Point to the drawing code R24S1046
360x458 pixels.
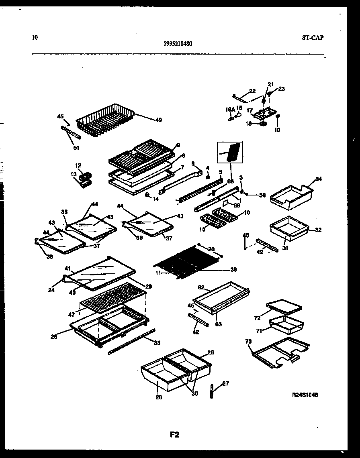305,395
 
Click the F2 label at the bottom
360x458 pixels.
174,434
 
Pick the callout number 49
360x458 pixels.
158,120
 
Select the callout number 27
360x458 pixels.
225,383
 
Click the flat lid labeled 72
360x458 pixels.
284,307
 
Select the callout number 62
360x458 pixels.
201,287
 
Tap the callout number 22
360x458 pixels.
252,91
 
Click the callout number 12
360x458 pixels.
78,165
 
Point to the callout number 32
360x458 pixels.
318,230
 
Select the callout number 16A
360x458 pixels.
230,109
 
